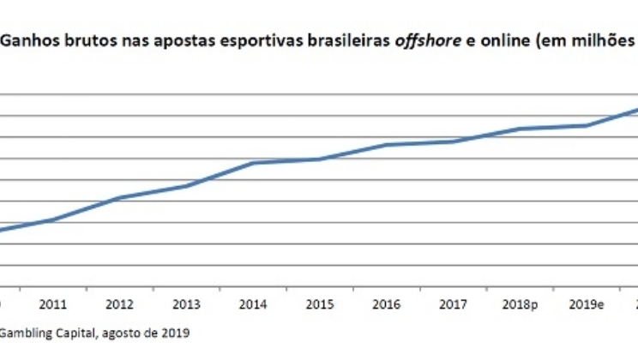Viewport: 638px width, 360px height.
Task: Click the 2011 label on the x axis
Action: [x=54, y=303]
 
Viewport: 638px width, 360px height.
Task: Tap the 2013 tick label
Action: [x=187, y=303]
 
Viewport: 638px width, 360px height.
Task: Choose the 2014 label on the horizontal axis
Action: [x=253, y=303]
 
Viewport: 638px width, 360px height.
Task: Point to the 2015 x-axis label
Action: [x=319, y=303]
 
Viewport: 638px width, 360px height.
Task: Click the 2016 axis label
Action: [x=386, y=303]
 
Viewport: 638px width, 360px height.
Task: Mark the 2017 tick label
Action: [x=452, y=303]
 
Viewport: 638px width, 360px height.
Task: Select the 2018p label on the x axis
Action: [x=519, y=303]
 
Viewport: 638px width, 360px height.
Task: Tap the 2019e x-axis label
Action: [x=585, y=303]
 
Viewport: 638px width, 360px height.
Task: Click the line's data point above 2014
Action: [x=253, y=163]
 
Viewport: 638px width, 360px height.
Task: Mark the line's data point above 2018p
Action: [x=519, y=129]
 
